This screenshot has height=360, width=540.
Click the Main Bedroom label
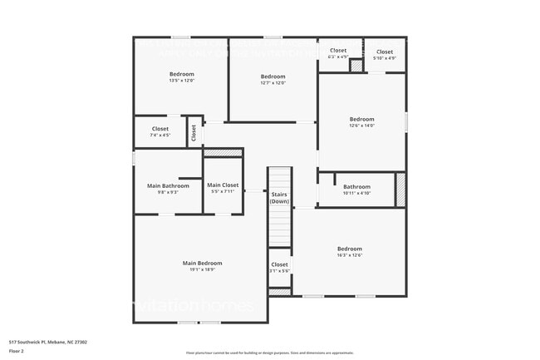[x=202, y=263]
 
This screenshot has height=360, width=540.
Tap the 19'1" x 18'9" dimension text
[x=202, y=270]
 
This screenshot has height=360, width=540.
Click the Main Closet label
[x=223, y=185]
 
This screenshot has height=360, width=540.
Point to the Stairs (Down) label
[x=279, y=198]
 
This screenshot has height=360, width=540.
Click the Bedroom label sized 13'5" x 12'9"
[x=181, y=74]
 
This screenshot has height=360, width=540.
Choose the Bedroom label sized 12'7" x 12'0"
[x=272, y=76]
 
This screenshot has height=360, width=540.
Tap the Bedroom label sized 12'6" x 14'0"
[x=361, y=119]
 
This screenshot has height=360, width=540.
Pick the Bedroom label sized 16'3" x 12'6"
[x=349, y=249]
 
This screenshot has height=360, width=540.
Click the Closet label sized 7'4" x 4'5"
[x=160, y=129]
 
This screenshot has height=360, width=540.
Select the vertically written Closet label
[x=194, y=132]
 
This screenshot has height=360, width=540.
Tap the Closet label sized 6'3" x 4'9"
[x=338, y=51]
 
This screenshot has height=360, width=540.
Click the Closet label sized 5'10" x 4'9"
[x=385, y=52]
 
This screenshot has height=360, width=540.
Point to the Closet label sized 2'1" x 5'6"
[x=279, y=264]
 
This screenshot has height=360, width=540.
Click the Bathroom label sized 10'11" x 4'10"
[x=356, y=186]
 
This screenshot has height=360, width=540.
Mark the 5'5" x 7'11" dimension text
[x=223, y=191]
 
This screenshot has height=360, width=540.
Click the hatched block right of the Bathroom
[x=400, y=189]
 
